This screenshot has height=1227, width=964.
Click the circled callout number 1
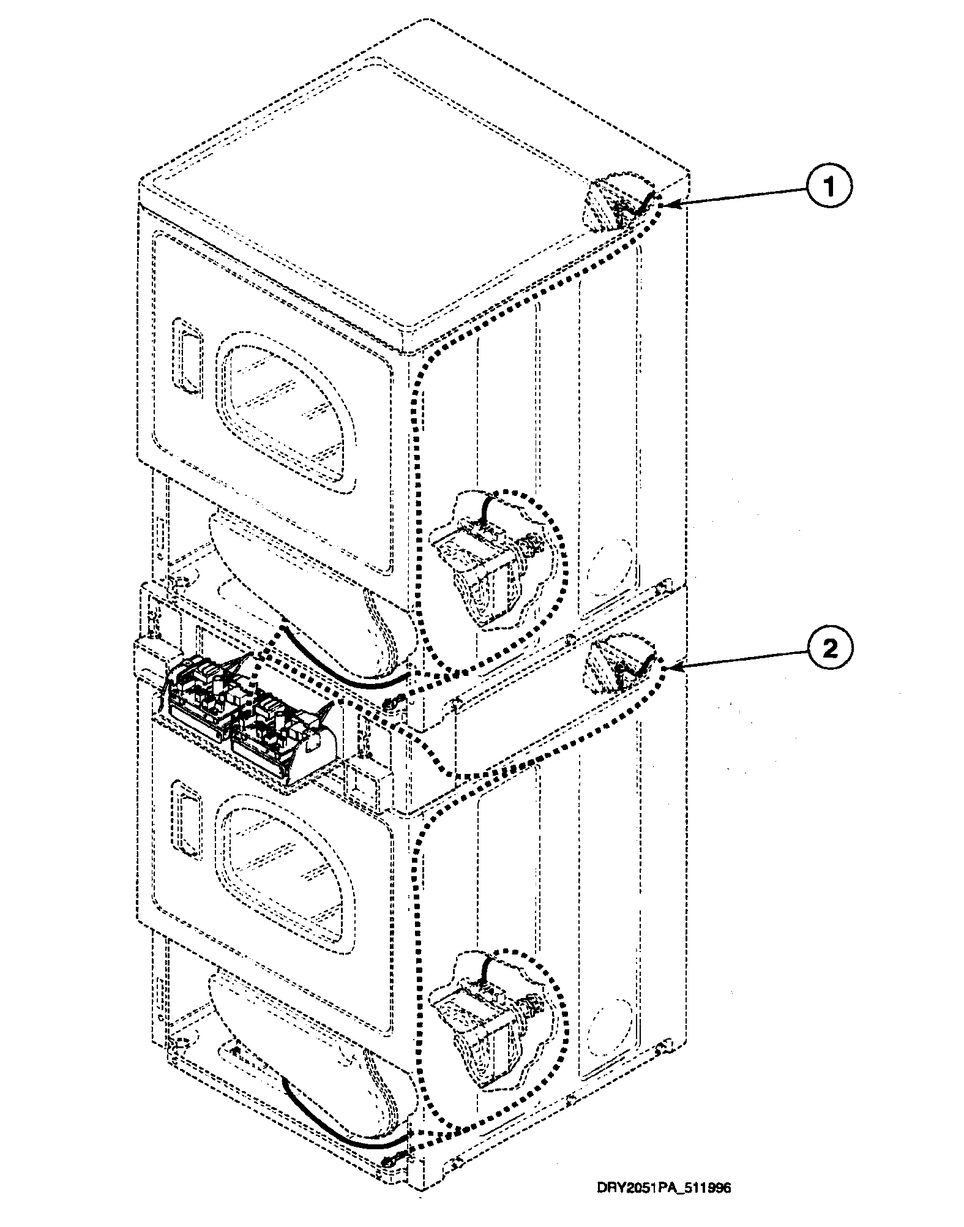pos(829,188)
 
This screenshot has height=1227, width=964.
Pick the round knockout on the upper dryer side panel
pos(608,560)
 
